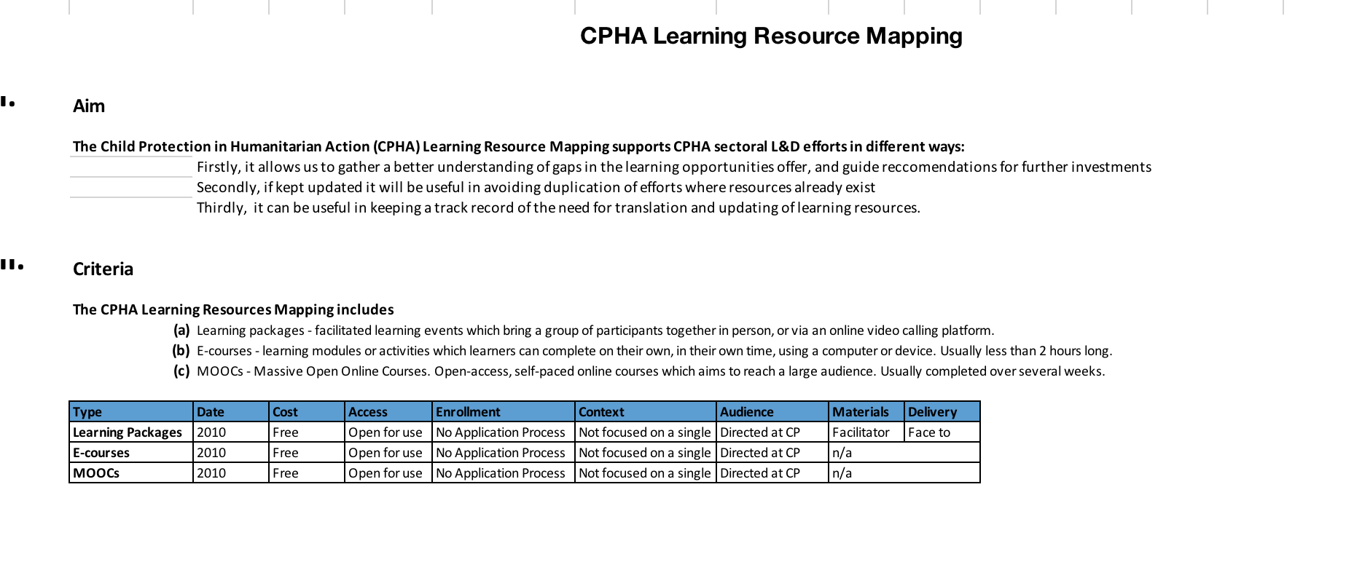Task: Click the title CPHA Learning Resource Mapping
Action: [770, 36]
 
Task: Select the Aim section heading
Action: [89, 106]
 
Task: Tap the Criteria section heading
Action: [103, 269]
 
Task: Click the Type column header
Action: [87, 412]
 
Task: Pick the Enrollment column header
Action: [468, 412]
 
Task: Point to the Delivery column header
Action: [932, 412]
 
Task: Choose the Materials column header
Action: [860, 412]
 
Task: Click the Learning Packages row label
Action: [128, 432]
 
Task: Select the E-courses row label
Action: [101, 453]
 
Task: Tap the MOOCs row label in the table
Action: [96, 473]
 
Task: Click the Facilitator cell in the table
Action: [861, 432]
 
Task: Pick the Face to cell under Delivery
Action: [929, 432]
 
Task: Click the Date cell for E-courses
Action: [211, 453]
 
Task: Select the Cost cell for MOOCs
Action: [286, 473]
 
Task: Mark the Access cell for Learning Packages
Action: [385, 432]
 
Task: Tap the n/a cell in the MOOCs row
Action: [842, 473]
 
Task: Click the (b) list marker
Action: [181, 351]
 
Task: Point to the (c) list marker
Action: [181, 371]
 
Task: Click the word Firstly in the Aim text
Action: [217, 167]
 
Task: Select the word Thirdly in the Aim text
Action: [221, 208]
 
